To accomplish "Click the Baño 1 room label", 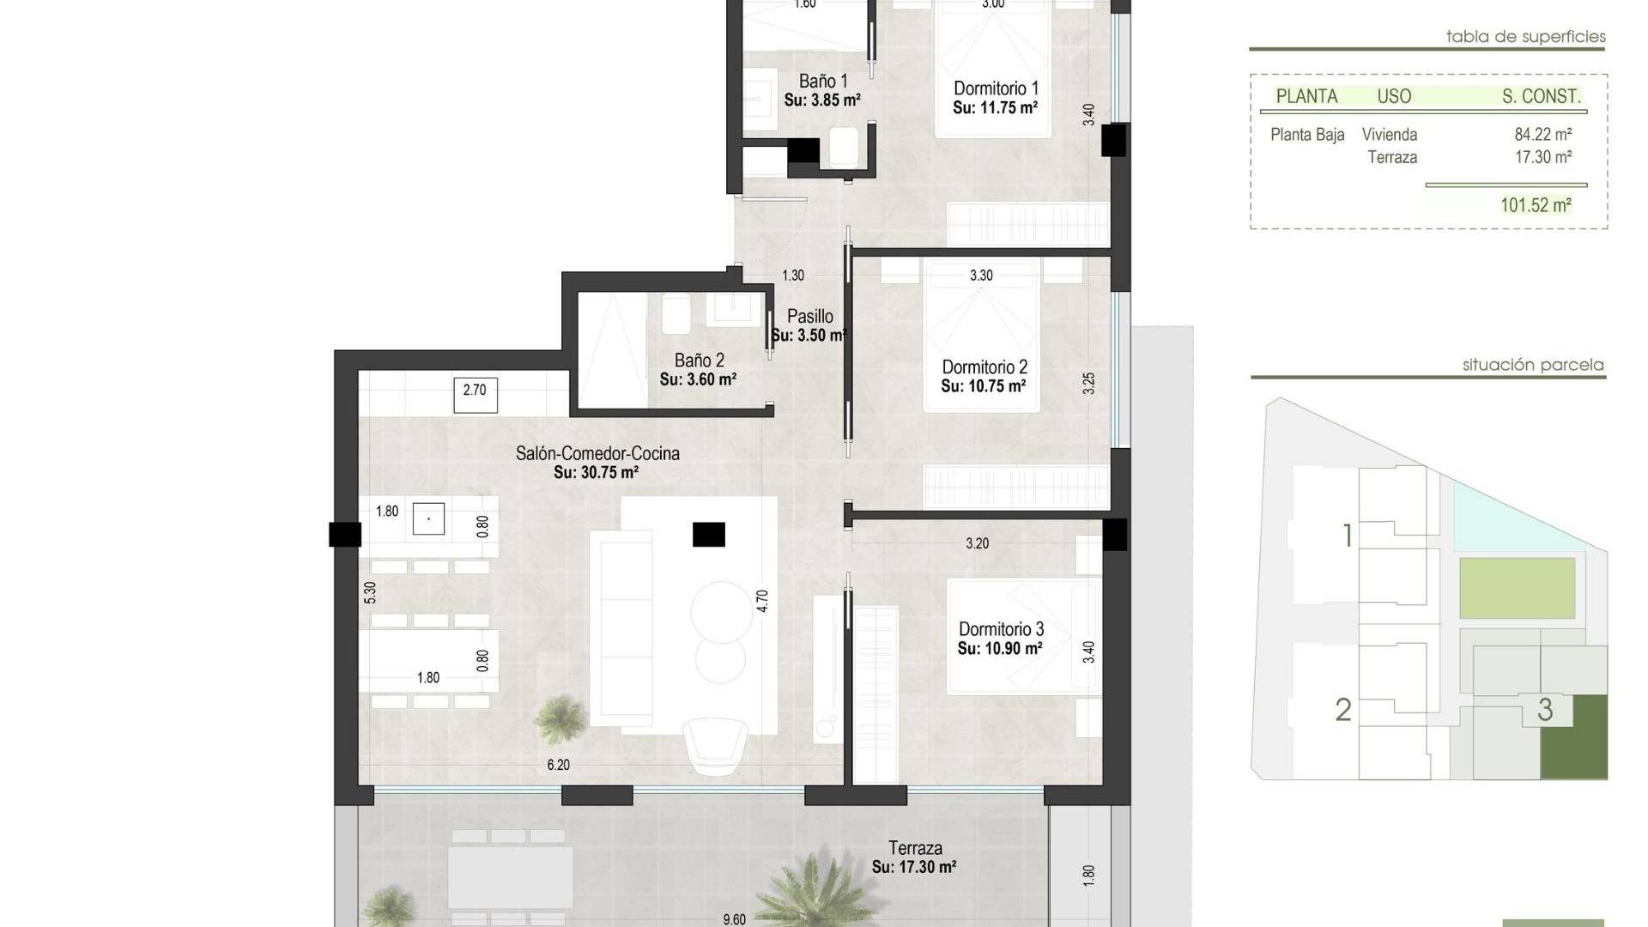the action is pyautogui.click(x=822, y=82).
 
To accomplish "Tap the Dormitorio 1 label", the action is pyautogui.click(x=996, y=88).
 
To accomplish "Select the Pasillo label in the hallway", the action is pyautogui.click(x=809, y=317).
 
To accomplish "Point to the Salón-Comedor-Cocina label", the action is pyautogui.click(x=597, y=453).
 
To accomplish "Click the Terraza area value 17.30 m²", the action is pyautogui.click(x=914, y=868).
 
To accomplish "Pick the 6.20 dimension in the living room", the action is pyautogui.click(x=558, y=765).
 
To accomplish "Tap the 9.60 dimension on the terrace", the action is pyautogui.click(x=734, y=919).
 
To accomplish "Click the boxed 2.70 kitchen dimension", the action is pyautogui.click(x=475, y=391).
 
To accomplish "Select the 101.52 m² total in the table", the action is pyautogui.click(x=1536, y=205).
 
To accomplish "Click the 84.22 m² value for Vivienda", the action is pyautogui.click(x=1542, y=135).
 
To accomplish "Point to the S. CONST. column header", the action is pyautogui.click(x=1541, y=97).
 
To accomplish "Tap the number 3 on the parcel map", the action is pyautogui.click(x=1545, y=710).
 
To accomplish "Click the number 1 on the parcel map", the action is pyautogui.click(x=1348, y=536).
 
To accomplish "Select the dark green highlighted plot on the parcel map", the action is pyautogui.click(x=1574, y=737).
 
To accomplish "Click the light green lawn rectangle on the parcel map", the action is pyautogui.click(x=1518, y=588).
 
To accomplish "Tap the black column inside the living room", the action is pyautogui.click(x=709, y=535).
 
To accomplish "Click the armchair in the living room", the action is pyautogui.click(x=714, y=746).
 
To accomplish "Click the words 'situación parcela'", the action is pyautogui.click(x=1533, y=365).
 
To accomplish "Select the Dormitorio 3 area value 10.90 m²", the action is pyautogui.click(x=1000, y=649).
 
